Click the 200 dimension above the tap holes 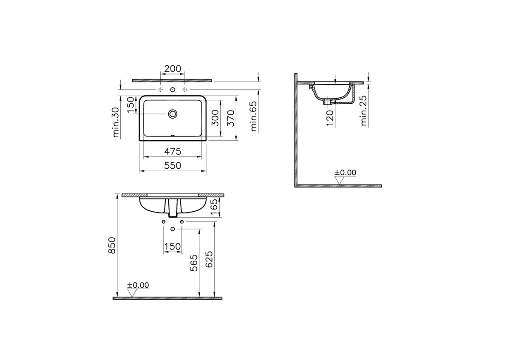click(173, 69)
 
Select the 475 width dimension click(173, 151)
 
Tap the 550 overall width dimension click(173, 166)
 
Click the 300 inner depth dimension click(215, 118)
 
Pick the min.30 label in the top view click(116, 122)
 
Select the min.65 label click(254, 116)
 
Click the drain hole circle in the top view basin click(173, 114)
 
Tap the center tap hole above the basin click(173, 90)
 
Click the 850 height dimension click(112, 246)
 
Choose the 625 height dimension click(209, 259)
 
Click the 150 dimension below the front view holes click(173, 247)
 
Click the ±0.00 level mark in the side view click(345, 173)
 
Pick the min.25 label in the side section click(364, 111)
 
